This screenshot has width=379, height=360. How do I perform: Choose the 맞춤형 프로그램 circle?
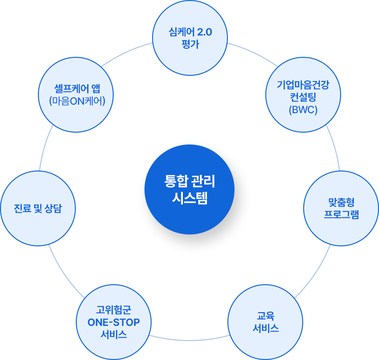click(341, 208)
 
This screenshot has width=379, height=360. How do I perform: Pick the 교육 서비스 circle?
click(265, 322)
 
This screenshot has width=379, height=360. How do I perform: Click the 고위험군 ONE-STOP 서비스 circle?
click(114, 322)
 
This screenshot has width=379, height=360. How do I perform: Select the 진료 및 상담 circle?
click(38, 208)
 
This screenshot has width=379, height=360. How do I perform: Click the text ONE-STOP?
click(114, 323)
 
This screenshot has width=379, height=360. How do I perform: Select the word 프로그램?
click(341, 215)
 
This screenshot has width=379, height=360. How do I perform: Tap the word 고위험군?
click(114, 311)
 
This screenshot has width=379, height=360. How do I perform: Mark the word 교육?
click(265, 316)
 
